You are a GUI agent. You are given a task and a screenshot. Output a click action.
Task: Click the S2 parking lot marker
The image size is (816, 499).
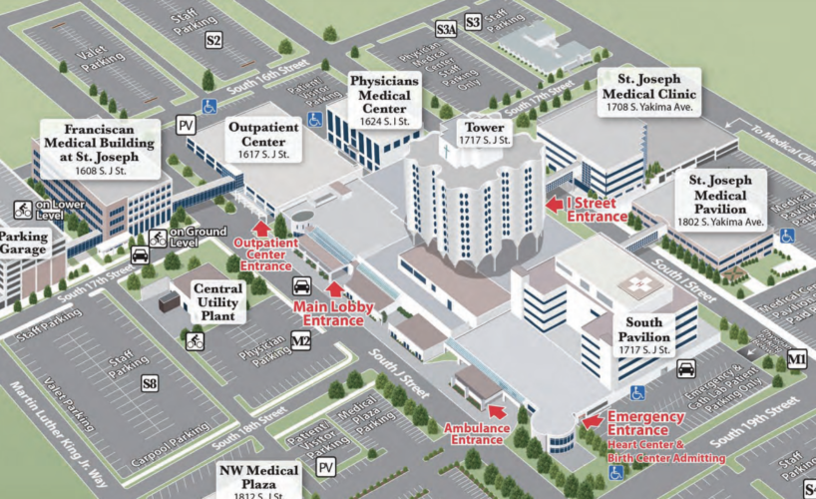coord(213,40)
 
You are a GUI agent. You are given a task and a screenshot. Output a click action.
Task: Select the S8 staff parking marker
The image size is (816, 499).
coord(150,381)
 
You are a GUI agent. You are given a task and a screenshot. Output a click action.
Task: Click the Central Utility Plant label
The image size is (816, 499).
coord(218,300)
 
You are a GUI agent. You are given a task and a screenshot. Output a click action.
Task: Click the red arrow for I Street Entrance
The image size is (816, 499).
coord(554,205)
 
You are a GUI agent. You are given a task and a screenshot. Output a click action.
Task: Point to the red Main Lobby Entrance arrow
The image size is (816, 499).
coord(334,290)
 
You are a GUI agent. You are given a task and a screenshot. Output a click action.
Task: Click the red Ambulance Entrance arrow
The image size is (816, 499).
coord(497,408)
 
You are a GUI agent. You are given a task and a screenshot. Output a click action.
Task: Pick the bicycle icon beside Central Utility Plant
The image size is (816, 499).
coord(195,340)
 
